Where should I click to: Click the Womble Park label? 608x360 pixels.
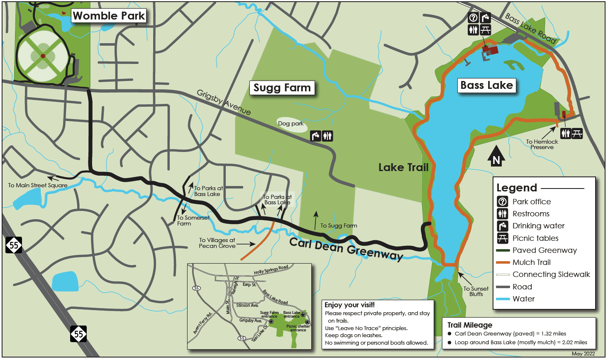tap(109, 16)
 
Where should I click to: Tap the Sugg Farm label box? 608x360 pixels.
tap(282, 88)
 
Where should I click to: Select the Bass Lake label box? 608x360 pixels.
tap(486, 86)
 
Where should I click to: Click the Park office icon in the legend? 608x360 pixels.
tap(502, 202)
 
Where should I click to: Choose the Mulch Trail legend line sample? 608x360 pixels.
tap(503, 262)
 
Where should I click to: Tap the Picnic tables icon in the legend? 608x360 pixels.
tap(502, 238)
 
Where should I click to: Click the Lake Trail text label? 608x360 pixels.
tap(403, 167)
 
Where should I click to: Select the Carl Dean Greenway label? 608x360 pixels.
tap(346, 249)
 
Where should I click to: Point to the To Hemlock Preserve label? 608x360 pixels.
tap(542, 144)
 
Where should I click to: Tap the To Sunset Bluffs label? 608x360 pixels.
tap(476, 291)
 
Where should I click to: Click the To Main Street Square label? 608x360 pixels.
tap(38, 186)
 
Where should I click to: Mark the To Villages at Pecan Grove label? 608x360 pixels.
tap(217, 243)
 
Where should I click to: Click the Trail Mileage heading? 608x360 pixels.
tap(470, 325)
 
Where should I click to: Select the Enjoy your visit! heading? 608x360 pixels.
tap(349, 305)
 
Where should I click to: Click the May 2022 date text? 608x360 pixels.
tap(583, 354)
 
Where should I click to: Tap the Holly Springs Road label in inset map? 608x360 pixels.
tap(271, 270)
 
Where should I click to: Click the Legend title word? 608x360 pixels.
tap(517, 188)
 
